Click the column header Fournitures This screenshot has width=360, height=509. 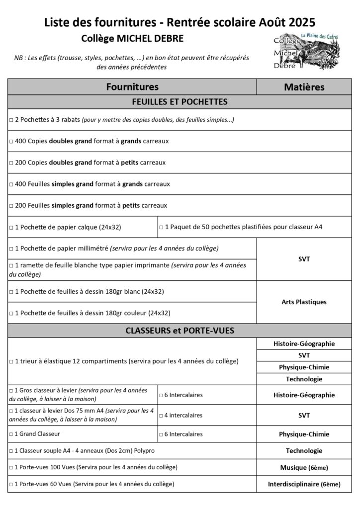tap(132, 86)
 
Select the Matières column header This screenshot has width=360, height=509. tap(304, 87)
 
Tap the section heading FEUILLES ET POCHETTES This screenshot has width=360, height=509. tap(180, 102)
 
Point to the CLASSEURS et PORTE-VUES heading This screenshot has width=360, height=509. tap(180, 330)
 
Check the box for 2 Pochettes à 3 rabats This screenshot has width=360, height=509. tap(11, 120)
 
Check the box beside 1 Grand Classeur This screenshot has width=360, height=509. tap(11, 434)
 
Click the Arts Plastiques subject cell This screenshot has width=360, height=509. tap(304, 302)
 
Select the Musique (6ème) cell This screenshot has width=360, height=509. tap(304, 467)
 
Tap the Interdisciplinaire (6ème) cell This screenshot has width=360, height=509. tap(304, 484)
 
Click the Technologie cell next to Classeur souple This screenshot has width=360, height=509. tap(304, 451)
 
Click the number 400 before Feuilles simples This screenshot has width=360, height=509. tap(20, 184)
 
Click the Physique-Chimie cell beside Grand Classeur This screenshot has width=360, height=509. tap(304, 434)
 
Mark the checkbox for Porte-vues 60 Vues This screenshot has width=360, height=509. tap(11, 484)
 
